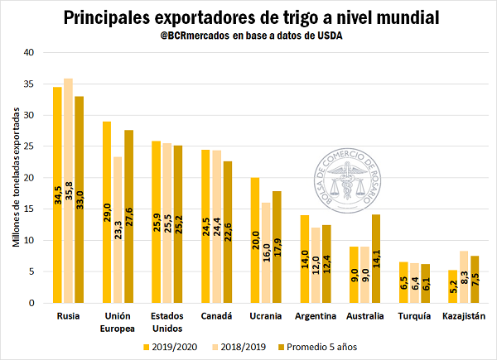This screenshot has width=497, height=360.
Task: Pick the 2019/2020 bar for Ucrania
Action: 255,240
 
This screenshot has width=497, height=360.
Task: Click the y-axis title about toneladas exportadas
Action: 16,177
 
